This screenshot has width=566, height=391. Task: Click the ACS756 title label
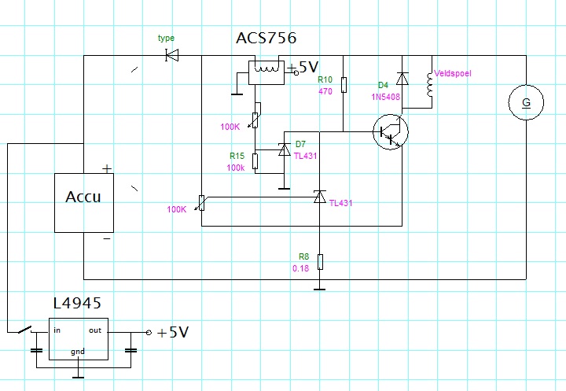[266, 38]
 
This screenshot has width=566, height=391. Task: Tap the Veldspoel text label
[453, 73]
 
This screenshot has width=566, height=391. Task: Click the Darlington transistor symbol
[391, 132]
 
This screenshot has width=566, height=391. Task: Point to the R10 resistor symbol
[344, 85]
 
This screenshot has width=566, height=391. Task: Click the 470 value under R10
[325, 91]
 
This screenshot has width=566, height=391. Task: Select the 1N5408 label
[385, 97]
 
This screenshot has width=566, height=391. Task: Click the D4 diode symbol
[402, 79]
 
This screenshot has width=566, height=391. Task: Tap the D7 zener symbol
[285, 149]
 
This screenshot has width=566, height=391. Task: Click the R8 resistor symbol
[320, 262]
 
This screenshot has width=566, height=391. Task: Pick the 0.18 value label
[300, 268]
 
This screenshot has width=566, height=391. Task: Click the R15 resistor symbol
[255, 161]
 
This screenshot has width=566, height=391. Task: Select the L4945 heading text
[77, 303]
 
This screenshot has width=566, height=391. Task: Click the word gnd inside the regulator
[78, 352]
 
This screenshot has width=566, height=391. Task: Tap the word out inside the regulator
[95, 330]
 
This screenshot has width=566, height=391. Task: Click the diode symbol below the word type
[172, 56]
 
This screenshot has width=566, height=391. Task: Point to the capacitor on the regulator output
[130, 350]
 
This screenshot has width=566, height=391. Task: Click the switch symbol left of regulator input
[26, 330]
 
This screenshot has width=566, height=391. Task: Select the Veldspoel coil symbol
[429, 84]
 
